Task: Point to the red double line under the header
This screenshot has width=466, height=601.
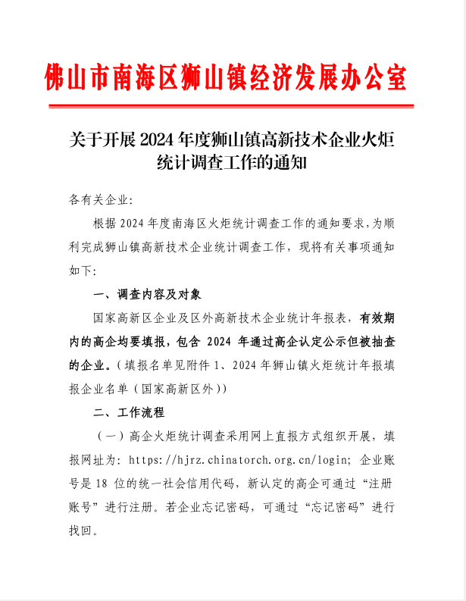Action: (233, 107)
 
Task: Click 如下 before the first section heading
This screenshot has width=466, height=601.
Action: (81, 271)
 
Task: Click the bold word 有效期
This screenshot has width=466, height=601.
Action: (377, 318)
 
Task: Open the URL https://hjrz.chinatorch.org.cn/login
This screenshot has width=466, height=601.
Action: (240, 460)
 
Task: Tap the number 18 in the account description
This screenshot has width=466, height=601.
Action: (109, 484)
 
